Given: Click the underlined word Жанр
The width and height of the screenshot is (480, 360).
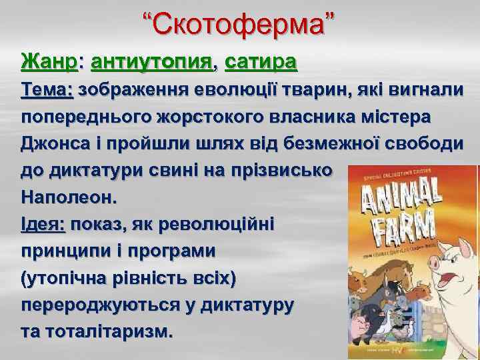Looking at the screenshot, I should click(49, 63).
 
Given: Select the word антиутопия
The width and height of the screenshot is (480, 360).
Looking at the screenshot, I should click(152, 63).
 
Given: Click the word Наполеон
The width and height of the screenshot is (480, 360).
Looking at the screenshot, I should click(68, 197).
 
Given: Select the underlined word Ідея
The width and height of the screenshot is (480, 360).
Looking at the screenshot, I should click(42, 224).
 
